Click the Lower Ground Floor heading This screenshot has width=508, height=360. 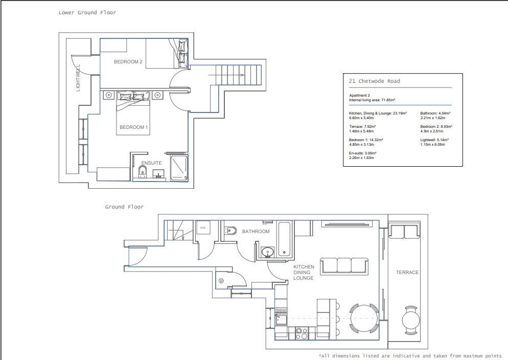[x=87, y=13]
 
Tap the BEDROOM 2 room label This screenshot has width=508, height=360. [x=128, y=62]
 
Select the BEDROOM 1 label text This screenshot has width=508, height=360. [x=133, y=127]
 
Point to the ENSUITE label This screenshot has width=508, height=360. [x=151, y=163]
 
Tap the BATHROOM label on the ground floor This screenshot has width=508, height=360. [x=256, y=232]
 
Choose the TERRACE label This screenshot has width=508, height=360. [x=407, y=273]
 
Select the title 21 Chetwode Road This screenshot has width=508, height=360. [x=374, y=81]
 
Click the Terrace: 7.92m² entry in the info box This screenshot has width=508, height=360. [x=362, y=126]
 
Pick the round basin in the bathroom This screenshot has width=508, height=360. [x=267, y=252]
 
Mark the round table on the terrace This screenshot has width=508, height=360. [x=410, y=321]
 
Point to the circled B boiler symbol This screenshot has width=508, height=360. [x=221, y=281]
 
